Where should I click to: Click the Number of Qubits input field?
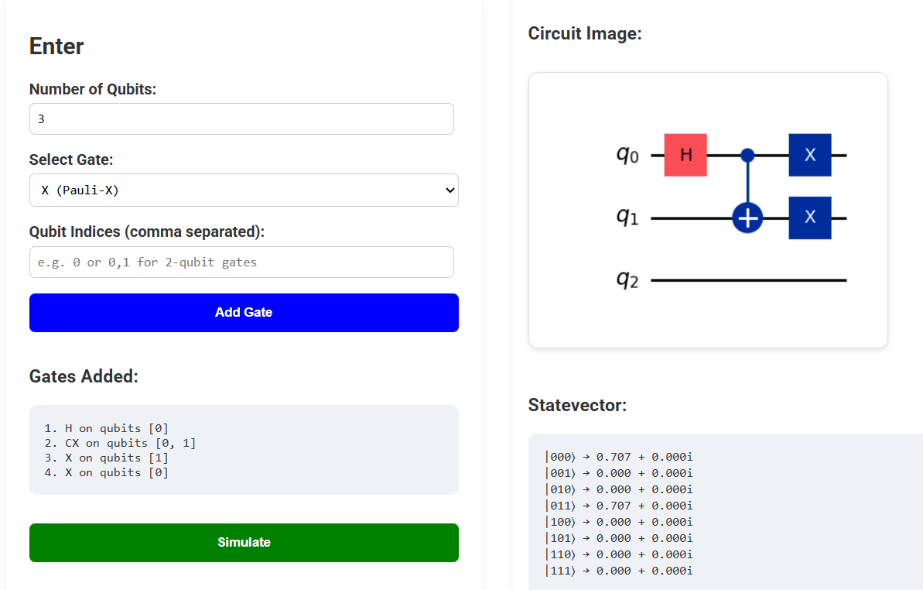(241, 119)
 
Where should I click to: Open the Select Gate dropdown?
(244, 190)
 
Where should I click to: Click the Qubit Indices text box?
(241, 262)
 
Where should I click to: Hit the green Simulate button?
(244, 543)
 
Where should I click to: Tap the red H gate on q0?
(685, 155)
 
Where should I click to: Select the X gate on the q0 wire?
(810, 155)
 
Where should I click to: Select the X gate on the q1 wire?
(810, 218)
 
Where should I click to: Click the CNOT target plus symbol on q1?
(747, 218)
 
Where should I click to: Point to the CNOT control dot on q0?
(747, 155)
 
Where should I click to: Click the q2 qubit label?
(627, 280)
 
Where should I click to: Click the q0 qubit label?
(627, 155)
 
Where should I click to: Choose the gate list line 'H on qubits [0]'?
(106, 428)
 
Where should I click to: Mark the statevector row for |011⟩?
(618, 506)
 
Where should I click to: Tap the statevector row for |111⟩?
(618, 571)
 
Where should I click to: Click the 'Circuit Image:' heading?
(585, 34)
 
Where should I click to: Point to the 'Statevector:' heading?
(577, 405)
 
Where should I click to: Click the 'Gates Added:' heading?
(84, 377)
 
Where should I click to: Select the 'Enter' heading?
(56, 46)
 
